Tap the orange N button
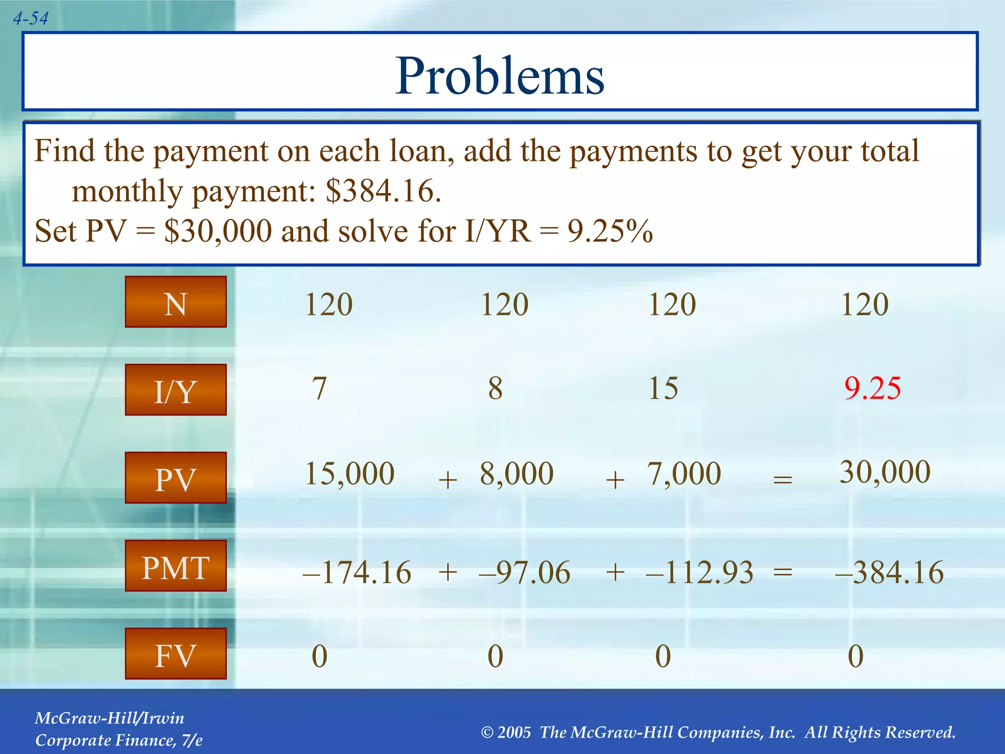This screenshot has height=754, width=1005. pyautogui.click(x=176, y=302)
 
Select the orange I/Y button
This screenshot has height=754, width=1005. pyautogui.click(x=176, y=390)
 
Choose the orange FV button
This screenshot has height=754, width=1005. pyautogui.click(x=176, y=654)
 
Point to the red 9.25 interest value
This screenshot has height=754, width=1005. pyautogui.click(x=873, y=388)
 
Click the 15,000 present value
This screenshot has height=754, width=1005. pyautogui.click(x=350, y=474)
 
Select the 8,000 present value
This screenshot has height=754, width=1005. pyautogui.click(x=517, y=474)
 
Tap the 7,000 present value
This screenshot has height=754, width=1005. pyautogui.click(x=684, y=474)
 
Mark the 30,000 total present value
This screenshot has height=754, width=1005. pyautogui.click(x=885, y=472)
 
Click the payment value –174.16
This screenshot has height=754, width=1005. pyautogui.click(x=357, y=572)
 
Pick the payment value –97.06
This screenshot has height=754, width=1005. pyautogui.click(x=524, y=572)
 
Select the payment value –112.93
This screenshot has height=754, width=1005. pyautogui.click(x=699, y=572)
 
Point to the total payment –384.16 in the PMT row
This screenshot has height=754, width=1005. pyautogui.click(x=889, y=572)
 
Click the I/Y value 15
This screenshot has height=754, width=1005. pyautogui.click(x=663, y=388)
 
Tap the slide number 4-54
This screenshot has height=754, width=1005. pyautogui.click(x=30, y=19)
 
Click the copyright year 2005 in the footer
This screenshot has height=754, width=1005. pyautogui.click(x=514, y=732)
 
